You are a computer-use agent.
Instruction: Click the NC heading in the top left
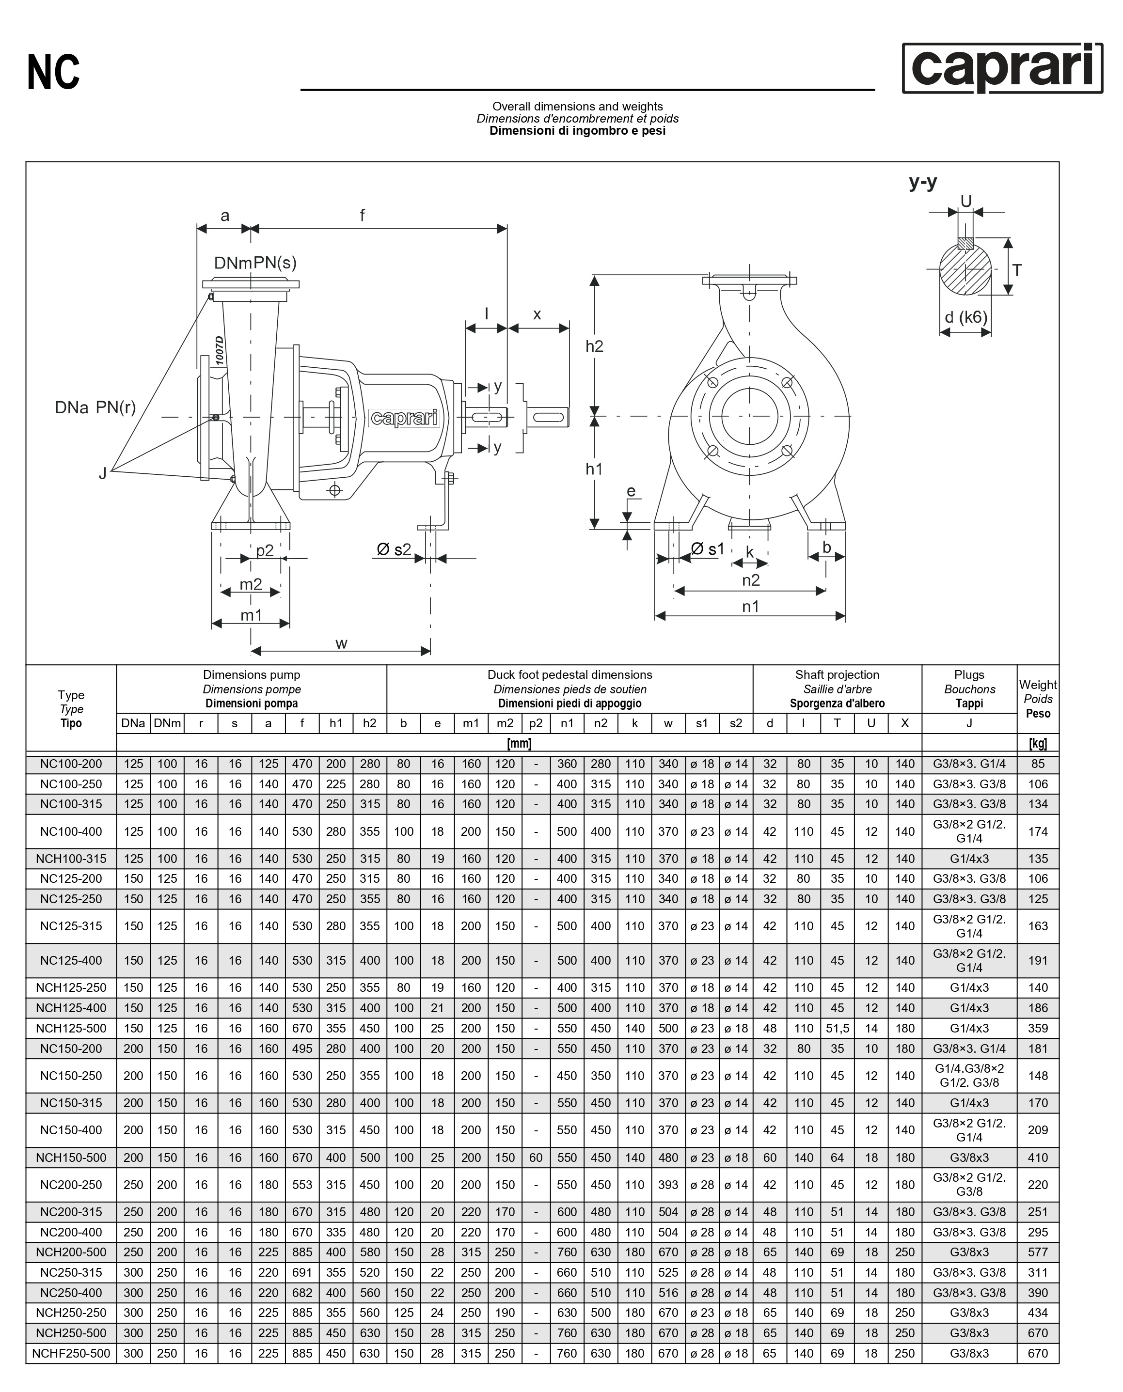pos(54,72)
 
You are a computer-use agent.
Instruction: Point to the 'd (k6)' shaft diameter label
pos(966,317)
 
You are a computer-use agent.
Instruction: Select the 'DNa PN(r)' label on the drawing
pos(95,407)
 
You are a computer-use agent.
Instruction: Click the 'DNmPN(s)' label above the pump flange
pos(255,263)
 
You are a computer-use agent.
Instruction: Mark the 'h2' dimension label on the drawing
pos(594,346)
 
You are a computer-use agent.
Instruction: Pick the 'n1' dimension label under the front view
pos(750,607)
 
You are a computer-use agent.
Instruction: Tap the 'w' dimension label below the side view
pos(342,643)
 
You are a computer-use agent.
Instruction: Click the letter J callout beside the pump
pos(102,473)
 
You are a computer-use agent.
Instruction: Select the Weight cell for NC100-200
pos(1038,764)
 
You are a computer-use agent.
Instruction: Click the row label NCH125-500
pos(71,1028)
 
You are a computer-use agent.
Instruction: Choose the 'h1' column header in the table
pos(336,723)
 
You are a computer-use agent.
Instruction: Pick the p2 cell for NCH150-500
pos(536,1157)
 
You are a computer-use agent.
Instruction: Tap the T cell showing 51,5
pos(837,1028)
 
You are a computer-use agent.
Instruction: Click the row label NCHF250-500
pos(71,1353)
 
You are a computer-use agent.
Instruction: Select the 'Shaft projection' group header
pos(837,675)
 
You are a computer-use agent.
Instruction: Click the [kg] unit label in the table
pos(1038,744)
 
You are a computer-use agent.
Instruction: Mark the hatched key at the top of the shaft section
pos(965,244)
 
